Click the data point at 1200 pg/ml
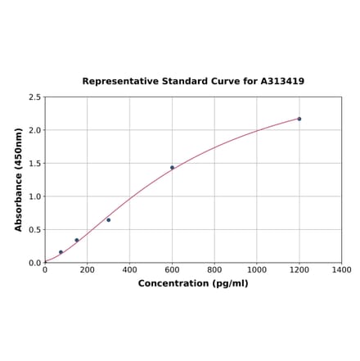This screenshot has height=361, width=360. coord(299,119)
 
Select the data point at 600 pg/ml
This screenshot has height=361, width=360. coord(172,168)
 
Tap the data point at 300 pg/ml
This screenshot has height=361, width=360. coord(108,219)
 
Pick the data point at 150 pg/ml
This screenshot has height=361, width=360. coord(77,241)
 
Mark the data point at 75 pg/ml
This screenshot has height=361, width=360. coord(61,252)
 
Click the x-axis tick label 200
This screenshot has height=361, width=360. coord(88,269)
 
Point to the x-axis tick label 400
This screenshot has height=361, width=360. coord(130,269)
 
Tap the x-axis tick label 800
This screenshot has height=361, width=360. coord(214,269)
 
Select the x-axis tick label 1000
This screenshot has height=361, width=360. coord(257,269)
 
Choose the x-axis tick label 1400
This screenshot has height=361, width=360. coord(342,269)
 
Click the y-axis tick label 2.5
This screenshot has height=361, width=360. coord(35,97)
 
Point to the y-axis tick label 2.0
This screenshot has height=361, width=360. coord(35,130)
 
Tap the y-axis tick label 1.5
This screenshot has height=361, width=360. coord(35,164)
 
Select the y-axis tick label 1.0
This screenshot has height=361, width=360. coord(35,196)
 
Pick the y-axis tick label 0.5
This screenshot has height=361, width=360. coord(35,230)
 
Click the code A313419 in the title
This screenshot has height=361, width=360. coord(282,82)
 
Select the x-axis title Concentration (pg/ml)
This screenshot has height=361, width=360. coord(193,283)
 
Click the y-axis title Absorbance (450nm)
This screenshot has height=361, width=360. coord(19,179)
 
